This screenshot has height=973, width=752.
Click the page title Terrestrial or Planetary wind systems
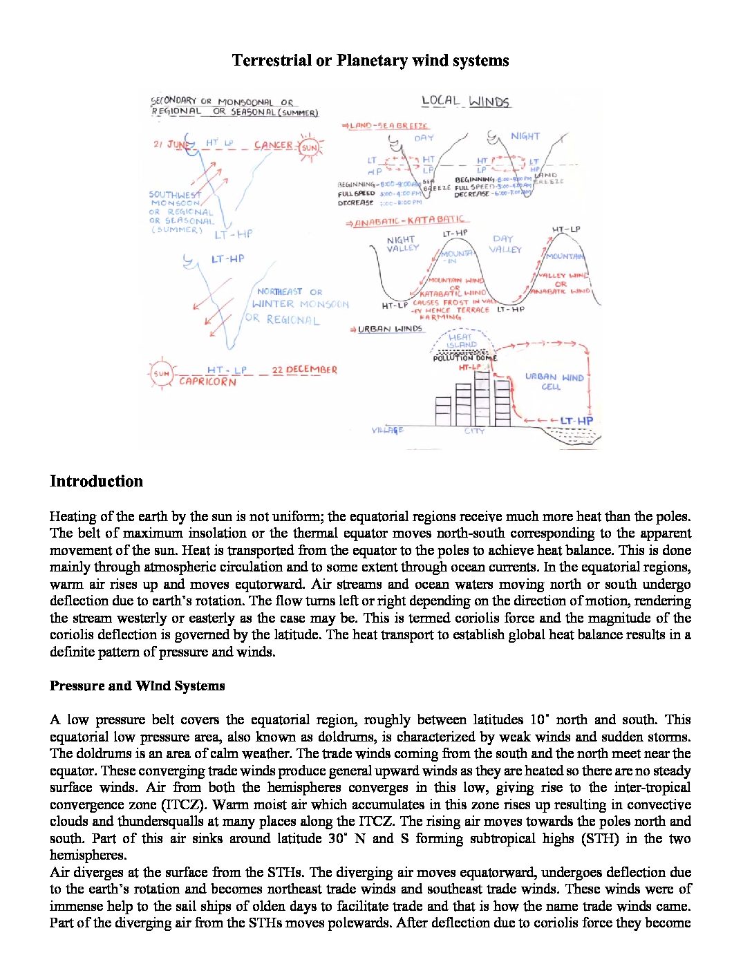[x=370, y=61]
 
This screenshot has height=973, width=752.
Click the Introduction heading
[x=96, y=482]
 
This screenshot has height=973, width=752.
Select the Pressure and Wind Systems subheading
[x=137, y=686]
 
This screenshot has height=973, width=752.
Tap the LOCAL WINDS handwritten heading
[x=465, y=102]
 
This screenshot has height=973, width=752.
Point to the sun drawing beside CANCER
[x=309, y=147]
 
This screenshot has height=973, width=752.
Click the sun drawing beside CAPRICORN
[x=161, y=374]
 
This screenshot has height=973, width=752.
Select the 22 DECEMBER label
[x=304, y=370]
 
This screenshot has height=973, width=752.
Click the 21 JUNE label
[x=171, y=145]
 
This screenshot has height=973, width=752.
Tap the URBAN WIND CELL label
[x=554, y=382]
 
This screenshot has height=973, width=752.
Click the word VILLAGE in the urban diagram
[x=387, y=431]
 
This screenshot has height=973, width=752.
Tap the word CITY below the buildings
[x=474, y=431]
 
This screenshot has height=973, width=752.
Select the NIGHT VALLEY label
[x=402, y=244]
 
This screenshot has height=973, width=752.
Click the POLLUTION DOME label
[x=464, y=358]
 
